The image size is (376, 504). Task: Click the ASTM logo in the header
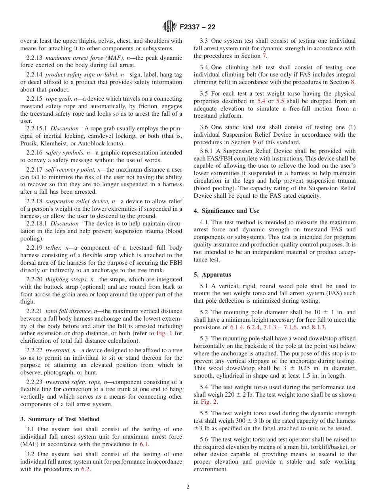point(169,27)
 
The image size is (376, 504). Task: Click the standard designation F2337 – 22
point(197,27)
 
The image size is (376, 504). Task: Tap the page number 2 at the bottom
point(188,487)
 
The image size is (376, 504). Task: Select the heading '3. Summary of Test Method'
point(60,419)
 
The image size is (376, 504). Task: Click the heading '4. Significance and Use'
point(226,211)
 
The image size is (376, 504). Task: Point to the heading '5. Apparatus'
point(212,275)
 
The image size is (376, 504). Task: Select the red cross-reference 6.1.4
point(237,327)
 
